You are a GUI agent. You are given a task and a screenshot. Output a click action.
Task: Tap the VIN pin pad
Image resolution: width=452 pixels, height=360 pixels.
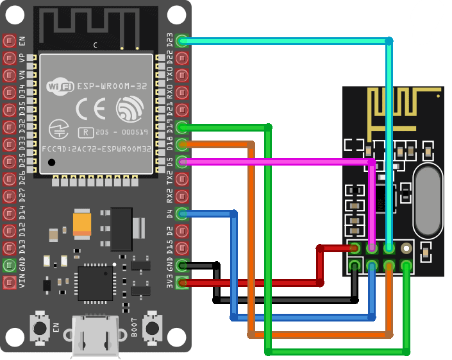(9, 282)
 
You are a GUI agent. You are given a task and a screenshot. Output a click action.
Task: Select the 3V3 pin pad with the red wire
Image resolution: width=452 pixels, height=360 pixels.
(182, 282)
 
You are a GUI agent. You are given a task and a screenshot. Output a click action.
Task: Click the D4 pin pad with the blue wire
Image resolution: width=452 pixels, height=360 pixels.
(182, 213)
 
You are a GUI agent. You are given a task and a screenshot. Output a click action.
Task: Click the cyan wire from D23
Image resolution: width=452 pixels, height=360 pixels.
(289, 41)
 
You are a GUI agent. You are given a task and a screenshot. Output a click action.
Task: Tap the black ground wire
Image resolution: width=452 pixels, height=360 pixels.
(289, 300)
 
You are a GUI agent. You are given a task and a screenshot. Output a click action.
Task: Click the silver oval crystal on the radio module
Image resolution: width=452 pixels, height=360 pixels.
(428, 200)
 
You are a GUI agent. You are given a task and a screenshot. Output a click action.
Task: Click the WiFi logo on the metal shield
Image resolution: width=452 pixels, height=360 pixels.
(61, 85)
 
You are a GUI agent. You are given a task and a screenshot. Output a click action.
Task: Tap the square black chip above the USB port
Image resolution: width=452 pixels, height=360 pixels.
(95, 283)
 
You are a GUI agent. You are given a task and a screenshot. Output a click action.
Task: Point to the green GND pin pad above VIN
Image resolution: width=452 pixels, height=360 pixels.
(9, 264)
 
